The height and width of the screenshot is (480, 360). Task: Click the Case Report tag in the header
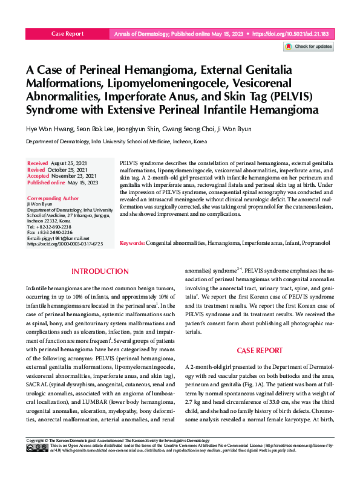coord(68,35)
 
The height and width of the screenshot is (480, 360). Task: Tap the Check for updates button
coord(308,47)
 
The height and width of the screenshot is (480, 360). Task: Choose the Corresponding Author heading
coord(53,198)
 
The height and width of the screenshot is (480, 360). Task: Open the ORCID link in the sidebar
coord(65,244)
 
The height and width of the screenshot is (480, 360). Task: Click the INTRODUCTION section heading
coord(100,271)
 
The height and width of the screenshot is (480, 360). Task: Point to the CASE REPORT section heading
coord(259,350)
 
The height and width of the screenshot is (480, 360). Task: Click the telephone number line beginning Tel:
coord(50,227)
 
